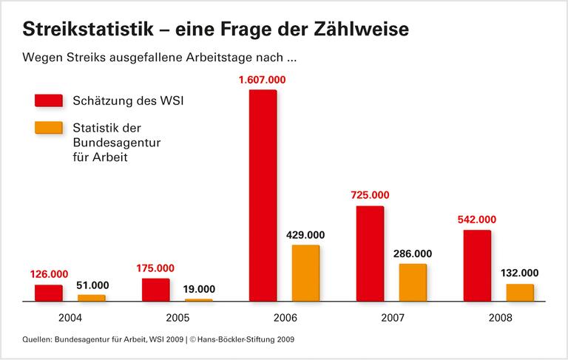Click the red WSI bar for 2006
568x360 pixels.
point(263,196)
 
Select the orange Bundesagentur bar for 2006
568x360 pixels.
point(305,274)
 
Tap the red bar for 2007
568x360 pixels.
point(370,254)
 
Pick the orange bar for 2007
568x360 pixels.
point(413,283)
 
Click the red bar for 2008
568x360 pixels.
point(477,266)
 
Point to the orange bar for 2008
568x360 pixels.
point(520,293)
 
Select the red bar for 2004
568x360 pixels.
point(48,293)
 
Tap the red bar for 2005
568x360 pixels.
point(155,290)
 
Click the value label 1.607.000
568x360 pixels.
point(262,79)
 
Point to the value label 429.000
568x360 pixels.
point(305,235)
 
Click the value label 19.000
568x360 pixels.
point(198,288)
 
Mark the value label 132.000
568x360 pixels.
point(520,273)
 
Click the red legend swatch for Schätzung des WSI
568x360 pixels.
point(48,101)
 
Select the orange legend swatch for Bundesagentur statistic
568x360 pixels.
point(48,128)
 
